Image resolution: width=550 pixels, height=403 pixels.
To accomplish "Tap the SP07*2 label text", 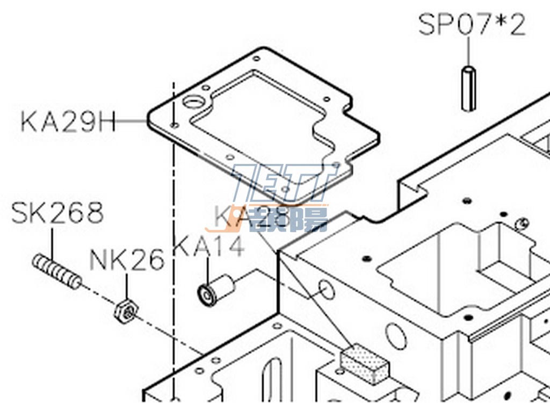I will (472, 25).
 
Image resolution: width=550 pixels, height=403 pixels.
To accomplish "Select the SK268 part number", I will (57, 213).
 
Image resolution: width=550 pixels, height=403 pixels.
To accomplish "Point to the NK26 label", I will (126, 261).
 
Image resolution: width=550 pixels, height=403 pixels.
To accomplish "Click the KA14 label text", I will (209, 245).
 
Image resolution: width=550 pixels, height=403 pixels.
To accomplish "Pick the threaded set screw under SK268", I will (56, 270).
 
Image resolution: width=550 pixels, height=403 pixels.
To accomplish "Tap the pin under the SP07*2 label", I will (468, 88).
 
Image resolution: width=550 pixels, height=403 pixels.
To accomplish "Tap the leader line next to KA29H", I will (132, 121).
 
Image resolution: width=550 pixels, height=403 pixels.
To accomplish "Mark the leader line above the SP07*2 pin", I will (468, 52).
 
